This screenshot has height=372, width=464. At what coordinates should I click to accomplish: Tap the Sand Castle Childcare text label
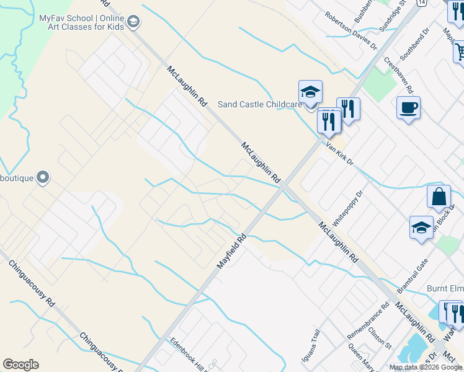(259, 105)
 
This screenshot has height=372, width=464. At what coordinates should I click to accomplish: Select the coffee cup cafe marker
(408, 108)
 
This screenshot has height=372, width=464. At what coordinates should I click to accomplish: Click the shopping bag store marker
(439, 197)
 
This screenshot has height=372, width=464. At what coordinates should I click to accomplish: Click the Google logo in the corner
(20, 365)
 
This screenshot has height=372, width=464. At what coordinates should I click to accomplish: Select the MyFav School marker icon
(133, 24)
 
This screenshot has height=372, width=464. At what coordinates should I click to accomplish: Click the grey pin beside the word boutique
(43, 178)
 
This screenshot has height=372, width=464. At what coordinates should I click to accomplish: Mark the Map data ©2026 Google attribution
(425, 367)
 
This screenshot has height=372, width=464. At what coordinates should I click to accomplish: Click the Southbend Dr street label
(414, 43)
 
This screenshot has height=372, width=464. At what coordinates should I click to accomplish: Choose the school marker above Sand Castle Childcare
(310, 92)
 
